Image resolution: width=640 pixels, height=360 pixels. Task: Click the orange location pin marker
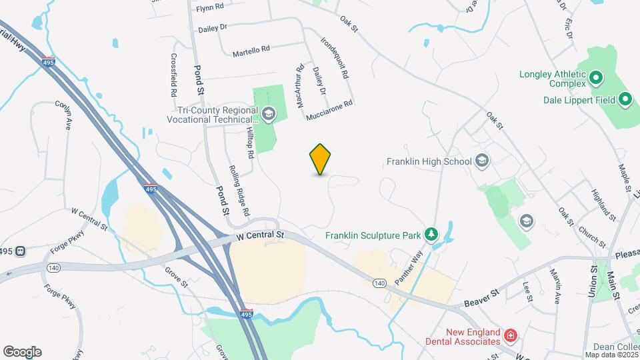[x=321, y=159]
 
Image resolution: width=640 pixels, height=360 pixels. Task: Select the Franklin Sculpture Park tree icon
[x=432, y=235]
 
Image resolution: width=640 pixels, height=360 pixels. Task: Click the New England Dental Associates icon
[x=510, y=334]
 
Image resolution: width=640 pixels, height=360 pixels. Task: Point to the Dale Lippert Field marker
[x=625, y=100]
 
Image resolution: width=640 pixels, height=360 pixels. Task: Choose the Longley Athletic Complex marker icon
[x=595, y=79]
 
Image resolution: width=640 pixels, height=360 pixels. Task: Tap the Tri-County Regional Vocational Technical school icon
[x=268, y=114]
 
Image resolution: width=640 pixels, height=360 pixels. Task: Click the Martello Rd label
[x=251, y=50]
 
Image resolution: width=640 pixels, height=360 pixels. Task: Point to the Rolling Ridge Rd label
[x=239, y=190]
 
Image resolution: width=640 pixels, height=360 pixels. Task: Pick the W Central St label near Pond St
[x=259, y=235]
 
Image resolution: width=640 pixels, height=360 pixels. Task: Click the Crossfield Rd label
[x=174, y=77]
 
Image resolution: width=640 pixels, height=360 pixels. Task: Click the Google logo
[x=22, y=351]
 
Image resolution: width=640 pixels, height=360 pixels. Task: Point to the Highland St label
[x=603, y=203]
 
